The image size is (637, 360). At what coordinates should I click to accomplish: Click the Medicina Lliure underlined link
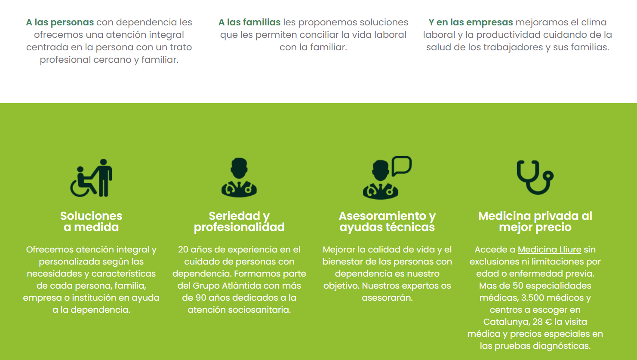click(549, 249)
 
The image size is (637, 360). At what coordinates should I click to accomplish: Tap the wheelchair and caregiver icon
click(91, 178)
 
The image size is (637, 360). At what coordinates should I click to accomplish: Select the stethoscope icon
click(535, 178)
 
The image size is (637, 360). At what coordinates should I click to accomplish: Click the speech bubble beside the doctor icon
click(402, 166)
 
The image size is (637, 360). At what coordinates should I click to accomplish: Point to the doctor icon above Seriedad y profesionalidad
click(239, 178)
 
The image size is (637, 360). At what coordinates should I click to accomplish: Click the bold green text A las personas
click(60, 22)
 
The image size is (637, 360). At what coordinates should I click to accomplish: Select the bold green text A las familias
click(249, 22)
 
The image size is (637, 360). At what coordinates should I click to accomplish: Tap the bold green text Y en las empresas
click(471, 22)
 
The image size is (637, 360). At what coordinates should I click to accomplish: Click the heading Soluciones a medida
click(91, 222)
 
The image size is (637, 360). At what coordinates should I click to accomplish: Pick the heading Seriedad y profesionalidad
click(239, 222)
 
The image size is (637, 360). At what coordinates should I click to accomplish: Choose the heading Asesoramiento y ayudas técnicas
click(387, 222)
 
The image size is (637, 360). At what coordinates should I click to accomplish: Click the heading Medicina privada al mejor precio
click(535, 222)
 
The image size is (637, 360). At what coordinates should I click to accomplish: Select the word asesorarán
click(387, 298)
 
